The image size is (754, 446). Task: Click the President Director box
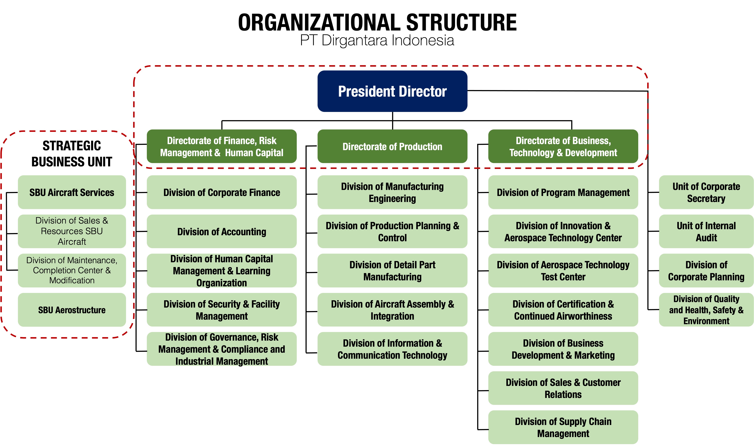pyautogui.click(x=392, y=91)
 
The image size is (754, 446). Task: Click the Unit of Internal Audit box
pyautogui.click(x=706, y=231)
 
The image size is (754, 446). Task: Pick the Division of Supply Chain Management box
pyautogui.click(x=563, y=427)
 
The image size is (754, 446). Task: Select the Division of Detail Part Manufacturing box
pyautogui.click(x=392, y=270)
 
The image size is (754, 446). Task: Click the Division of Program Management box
pyautogui.click(x=563, y=192)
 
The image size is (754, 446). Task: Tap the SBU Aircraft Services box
pyautogui.click(x=72, y=192)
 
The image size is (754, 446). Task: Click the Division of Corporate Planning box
pyautogui.click(x=706, y=270)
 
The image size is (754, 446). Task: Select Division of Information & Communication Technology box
pyautogui.click(x=392, y=349)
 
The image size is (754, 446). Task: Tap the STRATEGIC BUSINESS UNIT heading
pyautogui.click(x=72, y=154)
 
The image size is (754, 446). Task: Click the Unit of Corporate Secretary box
pyautogui.click(x=706, y=192)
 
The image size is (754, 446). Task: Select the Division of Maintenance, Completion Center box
pyautogui.click(x=72, y=270)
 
